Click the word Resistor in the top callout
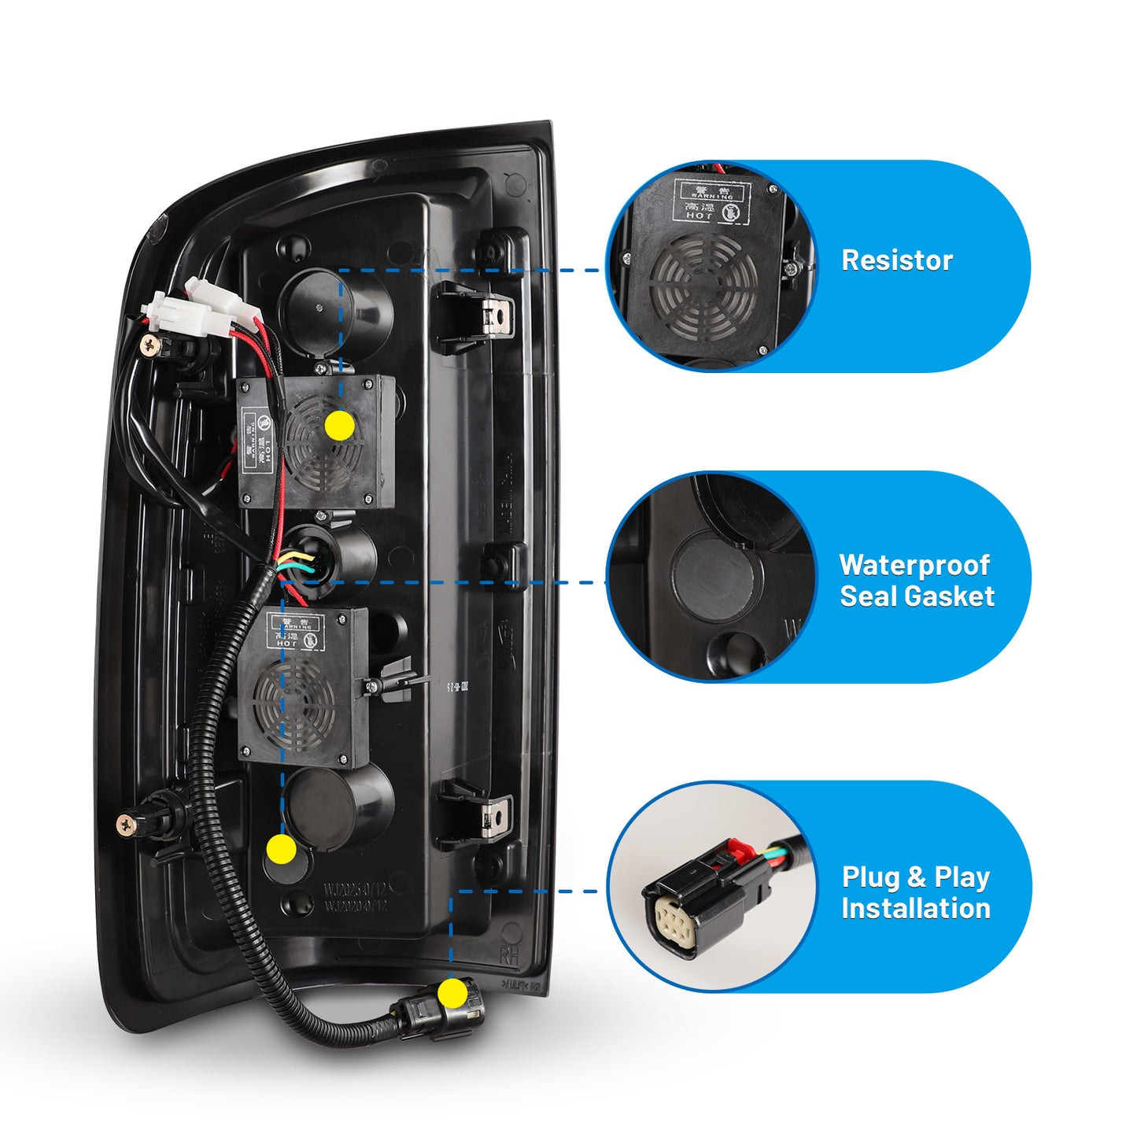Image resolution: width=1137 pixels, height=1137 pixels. click(896, 260)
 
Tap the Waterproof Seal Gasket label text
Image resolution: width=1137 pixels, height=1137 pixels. click(917, 581)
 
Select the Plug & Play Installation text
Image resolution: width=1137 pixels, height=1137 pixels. click(915, 892)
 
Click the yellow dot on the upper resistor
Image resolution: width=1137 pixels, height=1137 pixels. click(339, 425)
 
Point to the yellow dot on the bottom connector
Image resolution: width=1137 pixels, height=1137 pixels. click(452, 994)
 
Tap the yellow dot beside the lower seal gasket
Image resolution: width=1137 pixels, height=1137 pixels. click(281, 850)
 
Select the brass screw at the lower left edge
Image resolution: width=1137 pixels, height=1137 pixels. click(126, 824)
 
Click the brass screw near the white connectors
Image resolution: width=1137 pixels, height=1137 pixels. click(148, 343)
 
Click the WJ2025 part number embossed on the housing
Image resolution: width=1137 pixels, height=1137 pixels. click(356, 890)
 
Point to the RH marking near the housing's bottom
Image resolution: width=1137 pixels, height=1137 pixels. click(509, 956)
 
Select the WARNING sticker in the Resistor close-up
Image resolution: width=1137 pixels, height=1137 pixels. click(712, 201)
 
